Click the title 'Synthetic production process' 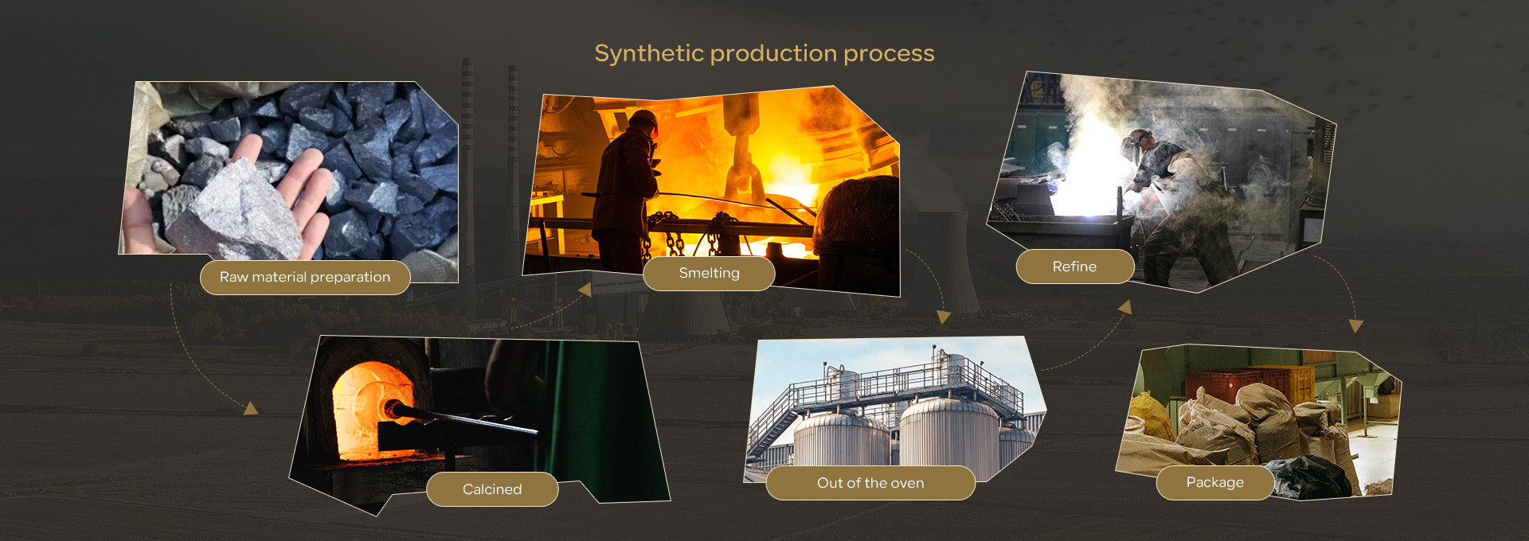(x=764, y=53)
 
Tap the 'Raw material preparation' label (x=305, y=278)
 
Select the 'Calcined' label (x=492, y=489)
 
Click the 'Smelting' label (x=709, y=274)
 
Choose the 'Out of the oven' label (x=870, y=483)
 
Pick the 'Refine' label (x=1075, y=267)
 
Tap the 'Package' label (x=1215, y=483)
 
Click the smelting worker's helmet (x=643, y=120)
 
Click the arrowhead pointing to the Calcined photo (x=252, y=408)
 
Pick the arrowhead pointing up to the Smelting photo (x=585, y=290)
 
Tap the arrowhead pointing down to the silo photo (x=944, y=317)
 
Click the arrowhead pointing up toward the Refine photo (x=1125, y=307)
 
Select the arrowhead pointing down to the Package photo (x=1356, y=325)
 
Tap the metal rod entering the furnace (x=462, y=418)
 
